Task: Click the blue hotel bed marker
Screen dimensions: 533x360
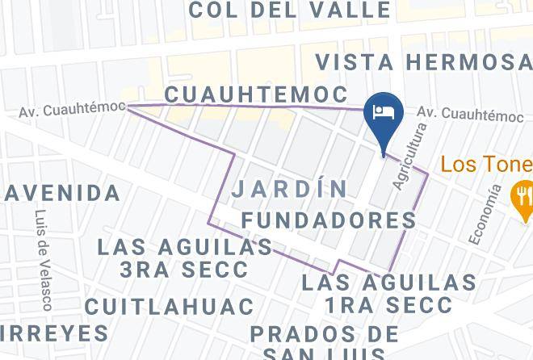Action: tap(384, 111)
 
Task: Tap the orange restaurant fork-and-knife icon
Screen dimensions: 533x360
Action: tap(523, 193)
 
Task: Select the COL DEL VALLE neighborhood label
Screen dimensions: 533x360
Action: tap(289, 10)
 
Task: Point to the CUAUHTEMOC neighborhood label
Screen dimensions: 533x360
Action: tap(256, 94)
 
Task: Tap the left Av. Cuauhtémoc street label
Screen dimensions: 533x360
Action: tap(73, 108)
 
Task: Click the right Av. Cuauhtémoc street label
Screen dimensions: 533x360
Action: tap(471, 115)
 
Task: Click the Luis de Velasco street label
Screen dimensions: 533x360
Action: tap(43, 260)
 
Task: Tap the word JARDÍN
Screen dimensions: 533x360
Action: tap(289, 189)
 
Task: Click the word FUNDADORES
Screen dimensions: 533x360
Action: tap(329, 220)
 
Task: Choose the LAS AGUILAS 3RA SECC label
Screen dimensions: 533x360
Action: tap(185, 257)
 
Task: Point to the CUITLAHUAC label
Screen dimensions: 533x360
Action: tap(169, 307)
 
